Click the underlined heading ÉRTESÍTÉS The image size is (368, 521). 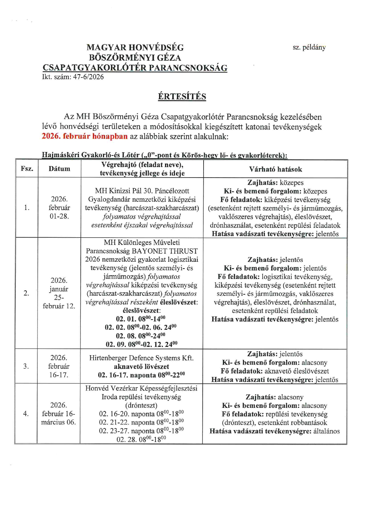coord(182,97)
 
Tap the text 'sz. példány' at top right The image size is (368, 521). coord(309,47)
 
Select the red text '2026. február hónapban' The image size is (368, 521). coord(85,136)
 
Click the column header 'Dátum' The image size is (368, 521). coord(59,169)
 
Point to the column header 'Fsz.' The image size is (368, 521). coord(27,169)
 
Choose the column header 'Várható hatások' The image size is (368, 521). coord(275,169)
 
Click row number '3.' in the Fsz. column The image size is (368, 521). coord(26,366)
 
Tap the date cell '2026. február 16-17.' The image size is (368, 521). coord(59,366)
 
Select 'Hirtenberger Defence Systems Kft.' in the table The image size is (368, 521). coord(141,358)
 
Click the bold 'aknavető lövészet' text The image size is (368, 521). coord(141,367)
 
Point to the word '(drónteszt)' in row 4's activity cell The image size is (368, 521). coord(141,405)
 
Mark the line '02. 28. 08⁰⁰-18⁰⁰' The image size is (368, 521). coord(141,440)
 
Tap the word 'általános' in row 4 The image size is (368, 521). coord(326,431)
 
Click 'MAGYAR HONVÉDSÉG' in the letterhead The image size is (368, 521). coord(135,48)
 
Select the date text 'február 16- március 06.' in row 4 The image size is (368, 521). coord(58,418)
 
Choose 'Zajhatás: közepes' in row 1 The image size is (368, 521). coord(275,183)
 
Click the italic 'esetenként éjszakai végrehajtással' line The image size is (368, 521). coord(142,225)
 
